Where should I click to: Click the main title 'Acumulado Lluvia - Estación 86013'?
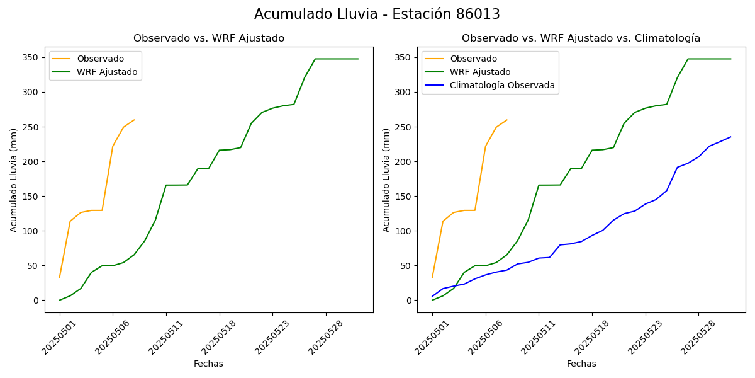coord(377,14)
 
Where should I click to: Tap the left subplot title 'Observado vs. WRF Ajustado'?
coord(209,38)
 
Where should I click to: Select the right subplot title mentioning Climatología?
coord(581,38)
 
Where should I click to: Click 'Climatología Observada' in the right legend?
coord(502,86)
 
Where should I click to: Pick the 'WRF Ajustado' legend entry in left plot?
coord(107,72)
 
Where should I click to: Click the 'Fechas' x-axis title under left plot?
coord(208,364)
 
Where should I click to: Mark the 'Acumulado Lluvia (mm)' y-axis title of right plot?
coord(386,180)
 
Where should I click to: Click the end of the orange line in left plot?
coord(134,120)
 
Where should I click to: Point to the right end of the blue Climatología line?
coord(730,137)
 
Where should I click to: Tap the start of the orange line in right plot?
coord(432,277)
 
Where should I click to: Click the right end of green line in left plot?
coord(358,59)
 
